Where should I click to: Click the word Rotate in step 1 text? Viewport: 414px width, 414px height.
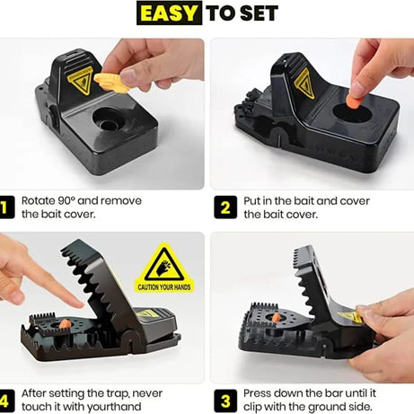[x=40, y=202]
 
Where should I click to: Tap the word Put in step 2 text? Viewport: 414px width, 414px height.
[x=253, y=202]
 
